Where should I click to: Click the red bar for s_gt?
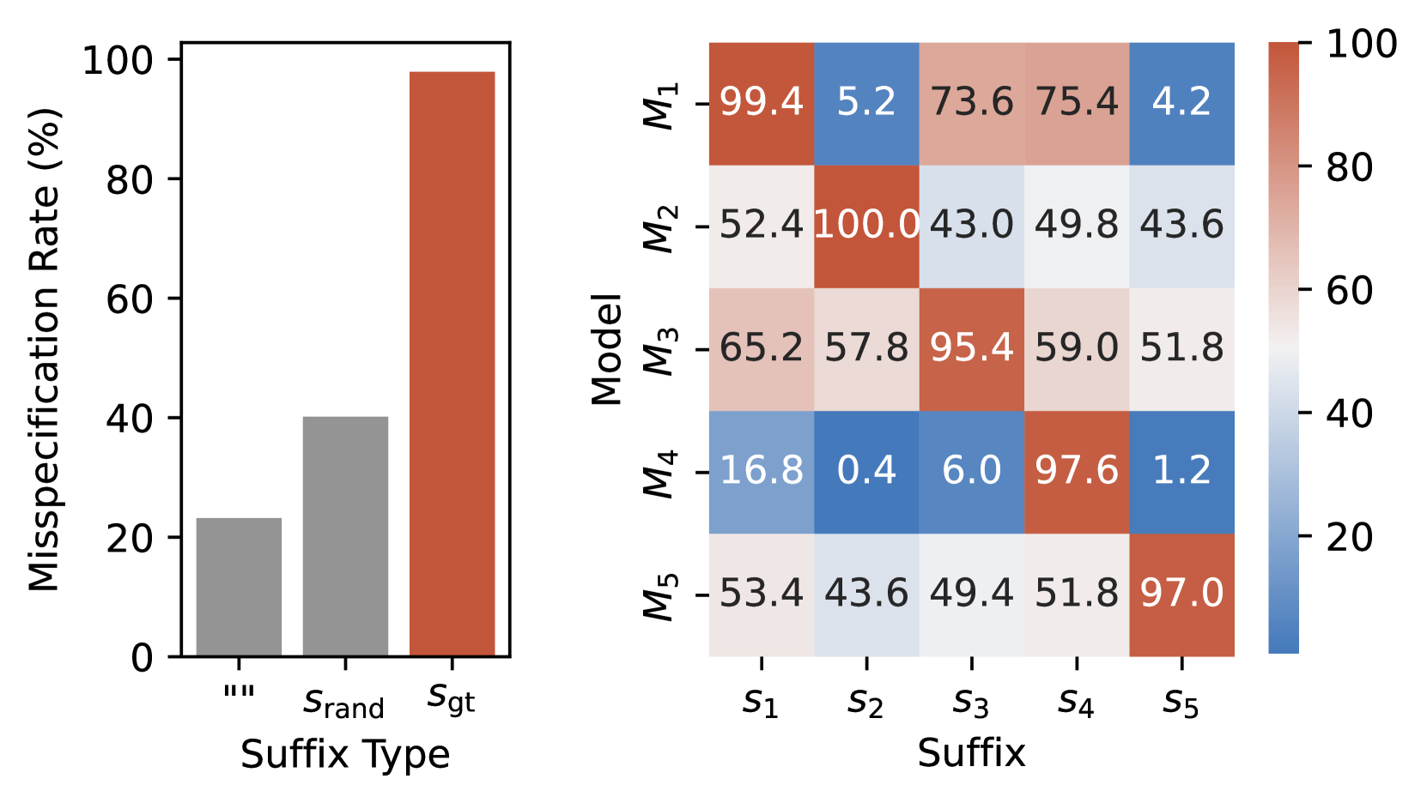[452, 365]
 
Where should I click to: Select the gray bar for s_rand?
[345, 536]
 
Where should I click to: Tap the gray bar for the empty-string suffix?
[239, 587]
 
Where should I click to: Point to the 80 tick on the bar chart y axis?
[129, 180]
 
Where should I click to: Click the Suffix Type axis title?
[345, 755]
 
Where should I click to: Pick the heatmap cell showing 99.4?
[761, 103]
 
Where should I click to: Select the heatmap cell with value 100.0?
[866, 226]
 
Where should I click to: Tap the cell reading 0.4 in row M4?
[866, 471]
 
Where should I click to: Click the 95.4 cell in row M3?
[971, 348]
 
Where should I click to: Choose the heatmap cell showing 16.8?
[761, 471]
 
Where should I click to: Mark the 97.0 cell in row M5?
[1181, 594]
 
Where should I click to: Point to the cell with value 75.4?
[1077, 103]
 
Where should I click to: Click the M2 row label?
[661, 228]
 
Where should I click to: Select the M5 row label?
[661, 595]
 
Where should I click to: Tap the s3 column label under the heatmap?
[971, 703]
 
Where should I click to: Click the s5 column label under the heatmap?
[1181, 703]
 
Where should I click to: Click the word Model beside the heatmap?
[607, 349]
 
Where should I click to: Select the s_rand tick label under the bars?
[344, 704]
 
